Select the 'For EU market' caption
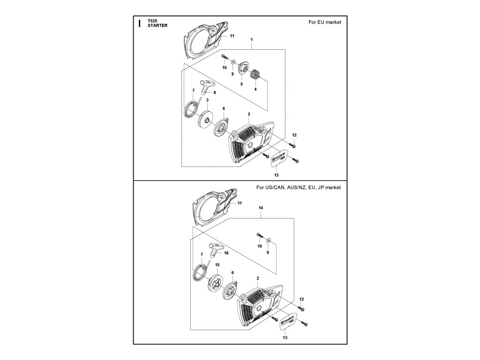point(324,22)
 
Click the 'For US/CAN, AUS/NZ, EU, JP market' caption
point(299,187)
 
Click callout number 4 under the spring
point(256,89)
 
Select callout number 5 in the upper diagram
point(241,84)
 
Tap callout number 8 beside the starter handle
point(215,93)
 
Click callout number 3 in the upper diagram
point(207,100)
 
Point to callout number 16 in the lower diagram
point(226,253)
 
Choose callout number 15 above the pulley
point(217,265)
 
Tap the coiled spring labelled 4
point(256,74)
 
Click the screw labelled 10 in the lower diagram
point(259,234)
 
